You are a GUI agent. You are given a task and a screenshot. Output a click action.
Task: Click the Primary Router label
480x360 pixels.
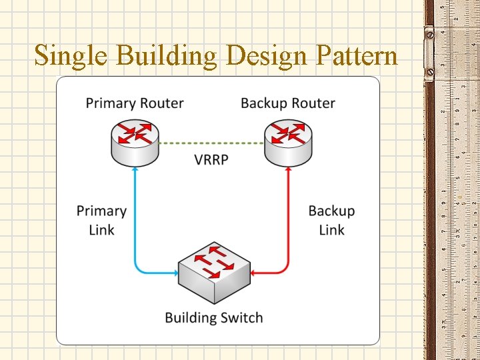pyautogui.click(x=135, y=103)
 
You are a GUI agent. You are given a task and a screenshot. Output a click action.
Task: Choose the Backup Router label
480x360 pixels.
pyautogui.click(x=287, y=103)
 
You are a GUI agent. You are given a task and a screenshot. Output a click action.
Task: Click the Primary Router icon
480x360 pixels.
pyautogui.click(x=135, y=141)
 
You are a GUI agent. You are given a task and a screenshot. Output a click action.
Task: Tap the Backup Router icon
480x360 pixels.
pyautogui.click(x=287, y=141)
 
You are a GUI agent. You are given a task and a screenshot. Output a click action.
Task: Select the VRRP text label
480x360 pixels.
pyautogui.click(x=211, y=160)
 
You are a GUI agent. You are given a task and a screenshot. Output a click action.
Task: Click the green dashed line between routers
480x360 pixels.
pyautogui.click(x=211, y=143)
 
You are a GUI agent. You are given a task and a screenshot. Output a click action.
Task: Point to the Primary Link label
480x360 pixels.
pyautogui.click(x=101, y=220)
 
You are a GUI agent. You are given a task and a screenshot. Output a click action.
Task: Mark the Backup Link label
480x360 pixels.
pyautogui.click(x=331, y=220)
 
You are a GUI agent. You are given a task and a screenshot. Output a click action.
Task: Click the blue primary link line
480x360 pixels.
pyautogui.click(x=135, y=220)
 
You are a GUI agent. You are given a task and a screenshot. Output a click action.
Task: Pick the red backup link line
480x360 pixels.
pyautogui.click(x=287, y=220)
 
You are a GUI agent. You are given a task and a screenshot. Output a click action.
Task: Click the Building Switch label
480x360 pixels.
pyautogui.click(x=213, y=318)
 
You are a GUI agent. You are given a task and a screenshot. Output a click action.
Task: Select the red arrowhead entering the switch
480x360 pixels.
pyautogui.click(x=256, y=272)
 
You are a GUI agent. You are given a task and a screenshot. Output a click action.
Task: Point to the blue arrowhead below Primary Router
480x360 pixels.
pyautogui.click(x=135, y=171)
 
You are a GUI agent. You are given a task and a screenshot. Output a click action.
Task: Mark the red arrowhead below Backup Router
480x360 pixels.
pyautogui.click(x=287, y=171)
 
